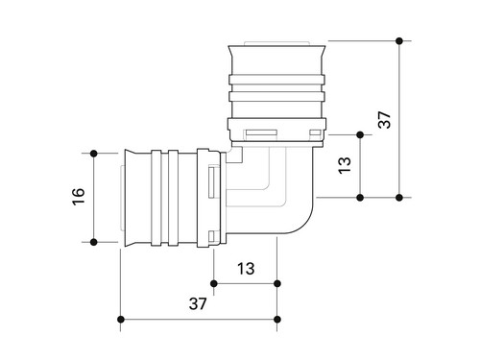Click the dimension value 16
tap(79, 197)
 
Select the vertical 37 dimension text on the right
tap(384, 120)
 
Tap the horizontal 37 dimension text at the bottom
tap(198, 303)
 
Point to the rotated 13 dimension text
tap(345, 165)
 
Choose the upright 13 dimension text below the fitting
tap(246, 269)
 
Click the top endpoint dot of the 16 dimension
tap(94, 154)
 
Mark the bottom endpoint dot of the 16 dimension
tap(94, 242)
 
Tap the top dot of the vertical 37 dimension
tap(399, 41)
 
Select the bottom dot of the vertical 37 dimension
tap(399, 198)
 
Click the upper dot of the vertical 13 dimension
tap(360, 135)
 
